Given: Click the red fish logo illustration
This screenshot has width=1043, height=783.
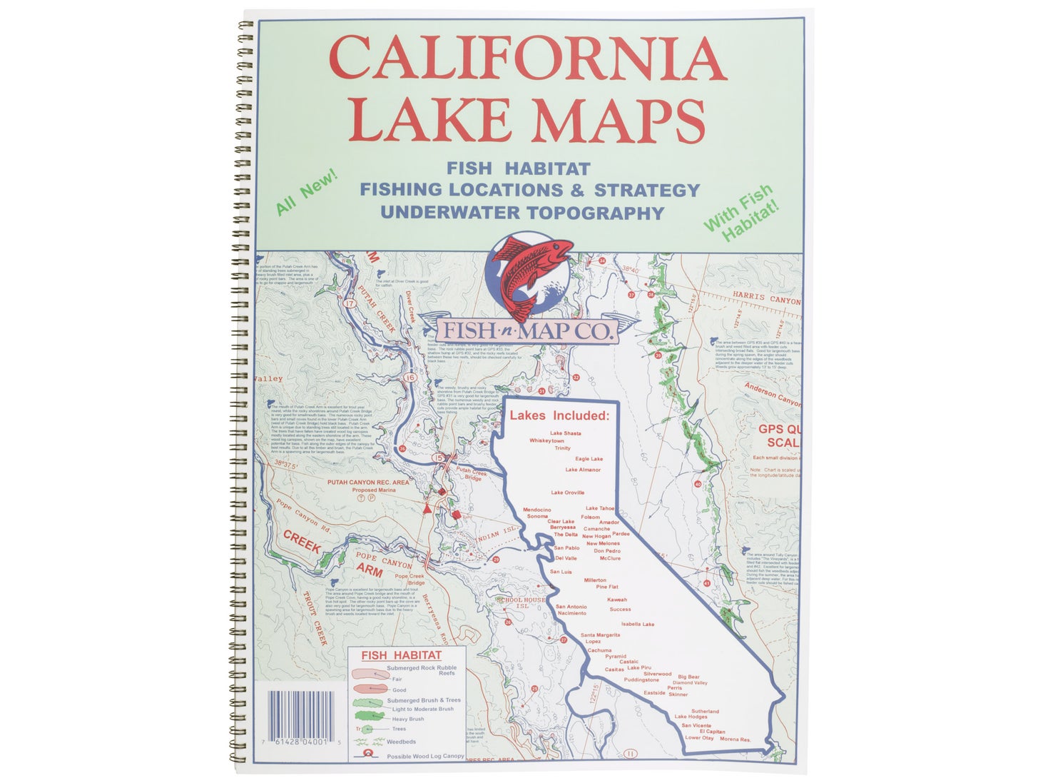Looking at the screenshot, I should pyautogui.click(x=530, y=275).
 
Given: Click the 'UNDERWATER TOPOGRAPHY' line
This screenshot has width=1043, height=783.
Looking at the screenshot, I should pyautogui.click(x=522, y=213).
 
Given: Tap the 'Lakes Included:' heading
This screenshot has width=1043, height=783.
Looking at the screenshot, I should pyautogui.click(x=559, y=415).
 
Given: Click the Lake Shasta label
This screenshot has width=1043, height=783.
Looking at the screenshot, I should pyautogui.click(x=565, y=433).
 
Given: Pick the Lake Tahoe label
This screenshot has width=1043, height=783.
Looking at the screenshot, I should pyautogui.click(x=600, y=508).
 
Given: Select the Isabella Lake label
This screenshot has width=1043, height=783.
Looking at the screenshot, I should pyautogui.click(x=637, y=624).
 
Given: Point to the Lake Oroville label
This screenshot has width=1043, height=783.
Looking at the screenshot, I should pyautogui.click(x=567, y=492).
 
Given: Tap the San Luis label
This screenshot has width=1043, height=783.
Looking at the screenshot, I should pyautogui.click(x=561, y=572).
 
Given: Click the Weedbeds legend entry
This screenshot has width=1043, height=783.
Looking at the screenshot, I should pyautogui.click(x=401, y=742).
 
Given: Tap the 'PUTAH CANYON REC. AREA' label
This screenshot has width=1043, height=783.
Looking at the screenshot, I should pyautogui.click(x=368, y=483).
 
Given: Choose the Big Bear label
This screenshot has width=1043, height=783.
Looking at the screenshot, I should pyautogui.click(x=688, y=677).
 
